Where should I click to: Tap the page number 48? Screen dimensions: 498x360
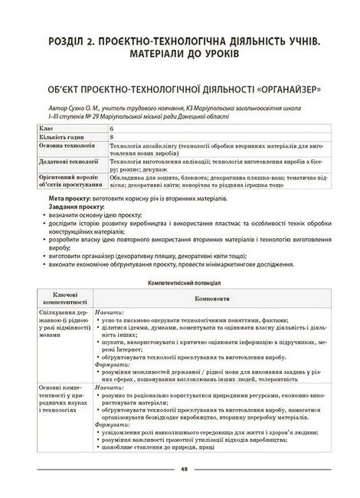coord(182,470)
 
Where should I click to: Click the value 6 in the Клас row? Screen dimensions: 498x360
coord(112,126)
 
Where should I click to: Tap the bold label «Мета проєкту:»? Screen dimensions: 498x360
coord(72,197)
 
